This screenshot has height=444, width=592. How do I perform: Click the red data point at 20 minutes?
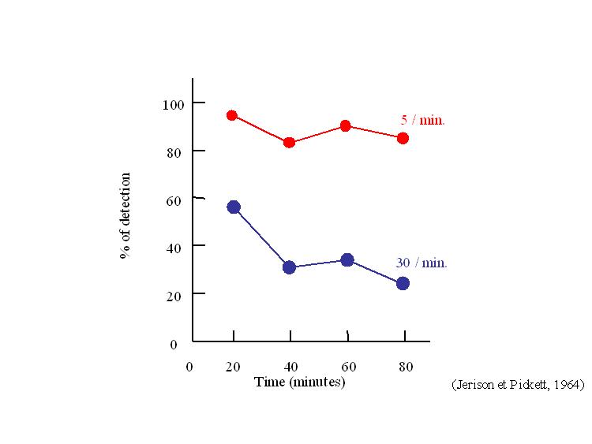point(232,115)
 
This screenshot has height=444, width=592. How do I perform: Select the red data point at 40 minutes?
point(290,143)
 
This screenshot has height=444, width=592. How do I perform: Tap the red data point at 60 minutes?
point(347,125)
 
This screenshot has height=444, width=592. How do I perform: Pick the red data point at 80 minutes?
point(403,138)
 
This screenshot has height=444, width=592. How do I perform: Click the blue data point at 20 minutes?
point(234,207)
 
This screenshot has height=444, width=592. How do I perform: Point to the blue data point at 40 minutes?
point(289,267)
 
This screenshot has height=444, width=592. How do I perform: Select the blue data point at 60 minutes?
point(347,259)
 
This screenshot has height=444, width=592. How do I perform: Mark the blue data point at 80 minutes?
point(403,283)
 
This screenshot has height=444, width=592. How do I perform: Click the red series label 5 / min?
point(423,121)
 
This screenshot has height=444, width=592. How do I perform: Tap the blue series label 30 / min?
point(422,263)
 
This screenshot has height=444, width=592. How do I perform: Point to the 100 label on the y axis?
point(173,104)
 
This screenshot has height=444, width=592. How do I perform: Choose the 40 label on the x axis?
point(290,367)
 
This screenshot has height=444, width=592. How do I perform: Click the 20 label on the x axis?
point(234,367)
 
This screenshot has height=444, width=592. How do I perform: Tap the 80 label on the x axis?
point(404,367)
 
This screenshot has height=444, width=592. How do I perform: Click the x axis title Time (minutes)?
point(300,382)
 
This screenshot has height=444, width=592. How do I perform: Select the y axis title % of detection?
point(125,216)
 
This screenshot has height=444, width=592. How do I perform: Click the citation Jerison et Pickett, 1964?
point(518,385)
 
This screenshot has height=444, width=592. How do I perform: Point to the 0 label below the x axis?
point(189,367)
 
